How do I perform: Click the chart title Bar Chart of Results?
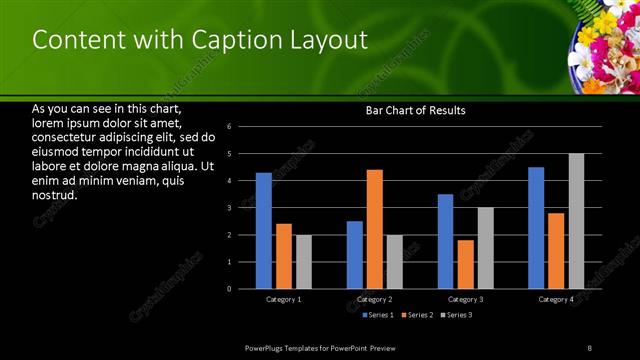(415, 110)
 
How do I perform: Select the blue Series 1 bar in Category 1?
(263, 231)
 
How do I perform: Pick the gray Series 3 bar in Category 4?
(576, 221)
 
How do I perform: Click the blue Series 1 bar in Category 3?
(445, 241)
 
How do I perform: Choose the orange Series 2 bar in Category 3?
(465, 264)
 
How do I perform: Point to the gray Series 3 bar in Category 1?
(303, 262)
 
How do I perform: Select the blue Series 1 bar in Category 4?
(536, 228)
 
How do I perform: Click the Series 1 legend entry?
(378, 315)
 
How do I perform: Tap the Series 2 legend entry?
(416, 315)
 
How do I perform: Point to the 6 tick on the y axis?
(229, 127)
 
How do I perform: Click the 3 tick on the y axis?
(229, 208)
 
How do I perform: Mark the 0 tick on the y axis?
(229, 289)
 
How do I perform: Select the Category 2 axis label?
(374, 299)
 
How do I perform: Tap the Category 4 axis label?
(556, 299)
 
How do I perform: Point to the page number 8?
(589, 347)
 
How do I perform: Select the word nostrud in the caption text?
(56, 194)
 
